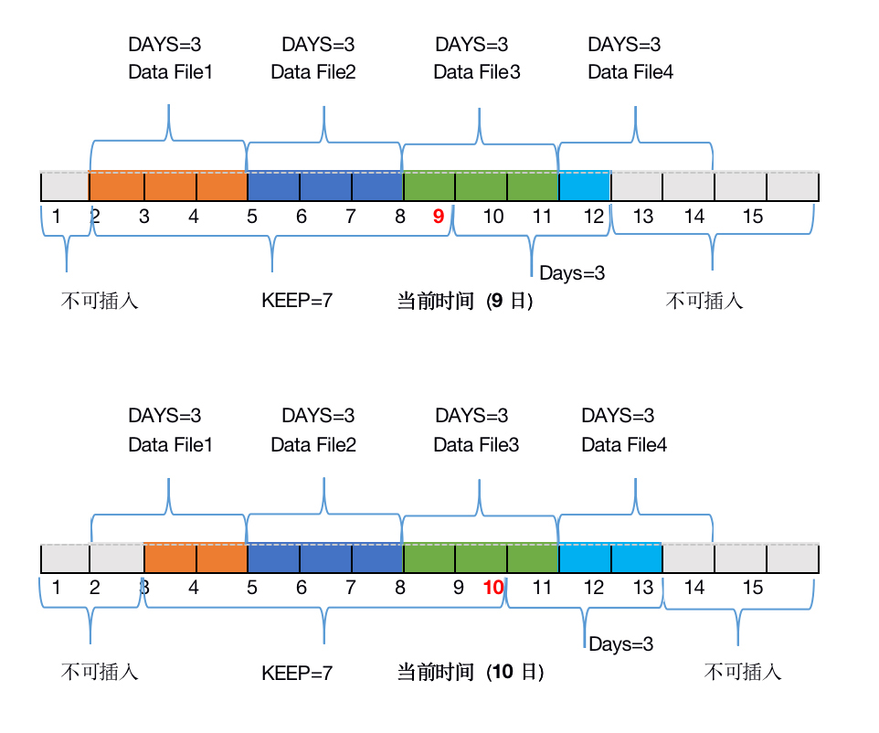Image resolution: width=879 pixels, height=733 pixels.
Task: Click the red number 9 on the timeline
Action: click(439, 217)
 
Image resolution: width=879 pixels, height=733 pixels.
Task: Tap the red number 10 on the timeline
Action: click(493, 588)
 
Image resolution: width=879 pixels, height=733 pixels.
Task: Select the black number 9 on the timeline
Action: click(459, 588)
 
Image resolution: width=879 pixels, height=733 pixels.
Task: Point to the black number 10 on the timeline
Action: click(493, 217)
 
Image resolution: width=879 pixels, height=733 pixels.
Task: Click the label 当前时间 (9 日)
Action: click(465, 301)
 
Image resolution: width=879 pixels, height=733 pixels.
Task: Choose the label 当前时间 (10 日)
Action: click(471, 673)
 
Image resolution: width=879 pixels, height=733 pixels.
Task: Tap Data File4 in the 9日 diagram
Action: click(630, 72)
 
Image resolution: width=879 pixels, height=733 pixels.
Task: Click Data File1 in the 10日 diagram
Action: click(170, 445)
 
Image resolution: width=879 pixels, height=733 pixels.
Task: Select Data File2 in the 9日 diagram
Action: click(313, 72)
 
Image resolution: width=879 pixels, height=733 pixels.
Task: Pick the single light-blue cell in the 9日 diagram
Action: click(585, 186)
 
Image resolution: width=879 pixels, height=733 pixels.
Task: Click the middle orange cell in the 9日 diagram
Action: click(170, 186)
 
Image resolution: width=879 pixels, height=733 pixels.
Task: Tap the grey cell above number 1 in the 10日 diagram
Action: click(65, 558)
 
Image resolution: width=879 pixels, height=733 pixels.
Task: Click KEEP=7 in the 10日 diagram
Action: click(297, 674)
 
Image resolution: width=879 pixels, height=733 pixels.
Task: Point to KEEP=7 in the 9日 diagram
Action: click(297, 301)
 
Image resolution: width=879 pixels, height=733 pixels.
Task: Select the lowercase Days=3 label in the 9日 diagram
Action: click(572, 273)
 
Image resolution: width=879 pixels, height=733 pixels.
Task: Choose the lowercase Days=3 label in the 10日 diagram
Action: click(621, 645)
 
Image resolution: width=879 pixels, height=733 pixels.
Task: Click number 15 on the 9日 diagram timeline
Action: click(752, 217)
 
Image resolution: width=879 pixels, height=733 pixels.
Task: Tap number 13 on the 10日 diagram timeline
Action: click(643, 588)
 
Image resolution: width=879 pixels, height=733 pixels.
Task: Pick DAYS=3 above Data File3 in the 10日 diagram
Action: click(471, 417)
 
